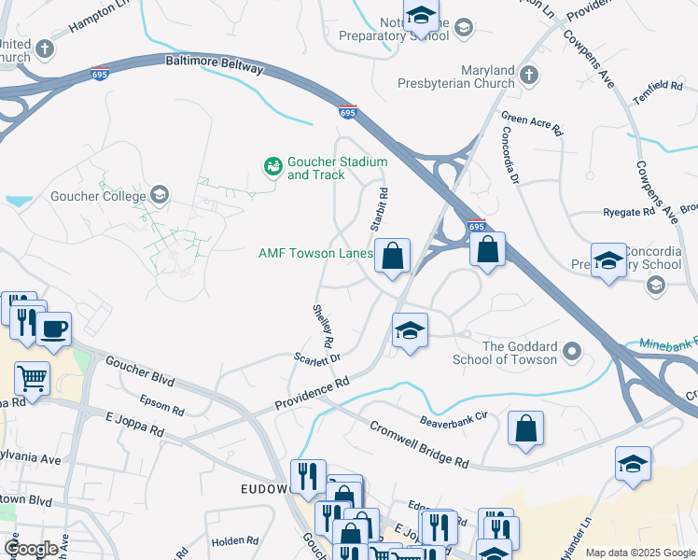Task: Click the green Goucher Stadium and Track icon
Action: pos(273,167)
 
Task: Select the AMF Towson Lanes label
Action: pos(315,253)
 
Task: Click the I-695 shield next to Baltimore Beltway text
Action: pos(99,73)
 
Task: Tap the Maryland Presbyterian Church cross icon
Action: pos(528,74)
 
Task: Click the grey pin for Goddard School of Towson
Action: pos(572,352)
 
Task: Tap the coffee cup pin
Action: pos(54,329)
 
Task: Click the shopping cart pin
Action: pos(32,379)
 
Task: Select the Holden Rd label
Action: pos(234,540)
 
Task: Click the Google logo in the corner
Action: pos(31,549)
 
